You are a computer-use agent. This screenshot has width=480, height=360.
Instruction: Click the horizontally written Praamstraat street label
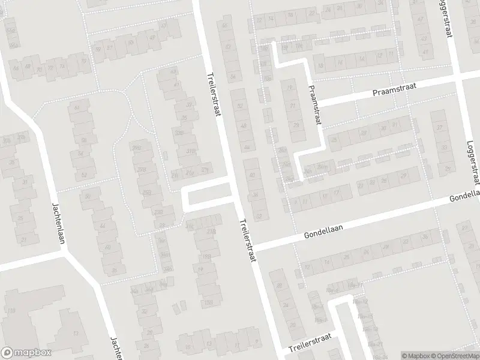(394, 90)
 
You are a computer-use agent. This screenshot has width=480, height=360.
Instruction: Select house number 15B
(209, 301)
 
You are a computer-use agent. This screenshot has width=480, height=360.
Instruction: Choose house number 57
(109, 47)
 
